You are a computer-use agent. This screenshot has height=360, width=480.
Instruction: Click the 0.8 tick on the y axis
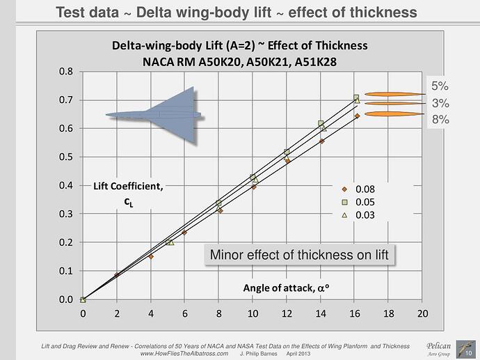[65, 71]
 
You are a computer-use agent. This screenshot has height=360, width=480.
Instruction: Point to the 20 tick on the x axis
[422, 313]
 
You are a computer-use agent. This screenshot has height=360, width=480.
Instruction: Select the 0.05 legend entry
[364, 202]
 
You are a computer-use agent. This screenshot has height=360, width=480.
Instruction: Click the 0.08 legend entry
[364, 189]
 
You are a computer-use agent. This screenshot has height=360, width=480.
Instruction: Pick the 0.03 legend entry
[364, 215]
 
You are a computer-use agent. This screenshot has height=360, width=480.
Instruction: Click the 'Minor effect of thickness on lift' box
[299, 256]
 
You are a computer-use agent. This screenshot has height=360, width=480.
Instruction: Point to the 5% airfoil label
[440, 87]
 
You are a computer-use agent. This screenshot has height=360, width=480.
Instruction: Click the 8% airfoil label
[440, 119]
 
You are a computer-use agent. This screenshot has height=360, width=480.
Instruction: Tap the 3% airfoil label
[440, 103]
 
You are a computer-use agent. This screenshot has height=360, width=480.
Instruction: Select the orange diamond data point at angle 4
[151, 256]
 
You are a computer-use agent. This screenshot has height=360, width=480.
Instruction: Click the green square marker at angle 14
[321, 124]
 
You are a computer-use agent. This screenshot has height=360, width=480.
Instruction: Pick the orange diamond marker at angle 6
[184, 233]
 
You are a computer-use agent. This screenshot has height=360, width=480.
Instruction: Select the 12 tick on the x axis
[287, 313]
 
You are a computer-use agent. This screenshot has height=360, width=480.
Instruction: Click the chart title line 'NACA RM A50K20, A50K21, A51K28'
[239, 60]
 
